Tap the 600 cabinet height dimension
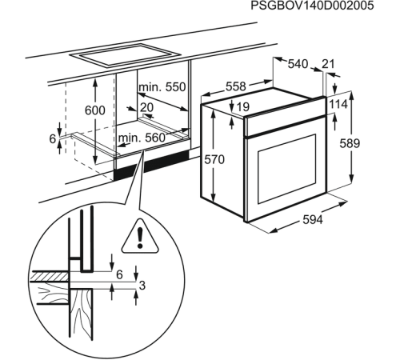click(x=94, y=110)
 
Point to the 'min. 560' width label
click(x=142, y=138)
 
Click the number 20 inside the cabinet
click(x=146, y=107)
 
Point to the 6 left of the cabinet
click(x=54, y=139)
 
